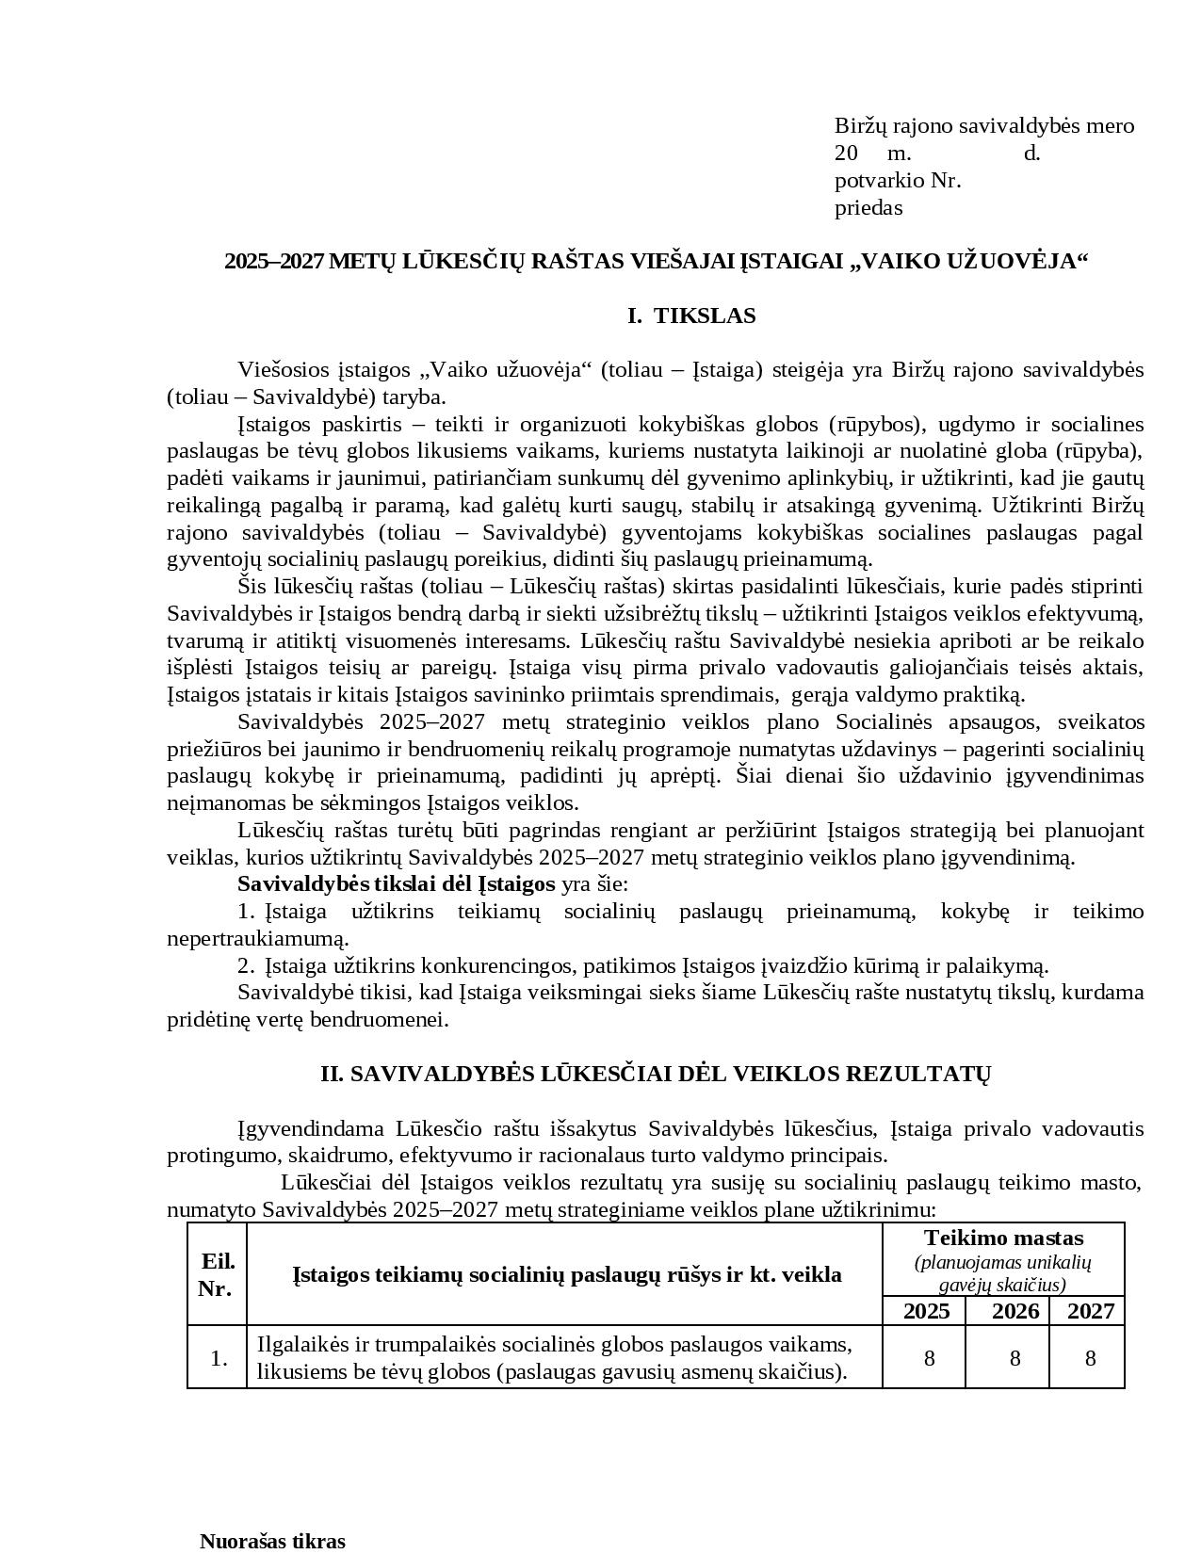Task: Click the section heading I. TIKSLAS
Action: click(691, 316)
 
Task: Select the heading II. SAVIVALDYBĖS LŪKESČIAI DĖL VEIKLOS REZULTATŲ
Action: click(655, 1075)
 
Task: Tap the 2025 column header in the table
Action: click(926, 1311)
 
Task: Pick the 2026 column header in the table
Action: click(1014, 1311)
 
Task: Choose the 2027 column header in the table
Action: click(1090, 1311)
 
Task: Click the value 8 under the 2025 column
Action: click(929, 1358)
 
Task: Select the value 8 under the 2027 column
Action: click(1091, 1358)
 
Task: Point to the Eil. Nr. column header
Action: click(218, 1275)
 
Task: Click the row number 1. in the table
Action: click(219, 1358)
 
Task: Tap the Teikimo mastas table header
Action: click(1003, 1238)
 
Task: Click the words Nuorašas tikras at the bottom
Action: click(272, 1541)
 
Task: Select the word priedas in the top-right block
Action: click(868, 208)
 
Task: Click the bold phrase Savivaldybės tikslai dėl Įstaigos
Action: click(396, 884)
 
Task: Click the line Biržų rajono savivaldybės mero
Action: click(983, 126)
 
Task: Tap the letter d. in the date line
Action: click(1031, 154)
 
